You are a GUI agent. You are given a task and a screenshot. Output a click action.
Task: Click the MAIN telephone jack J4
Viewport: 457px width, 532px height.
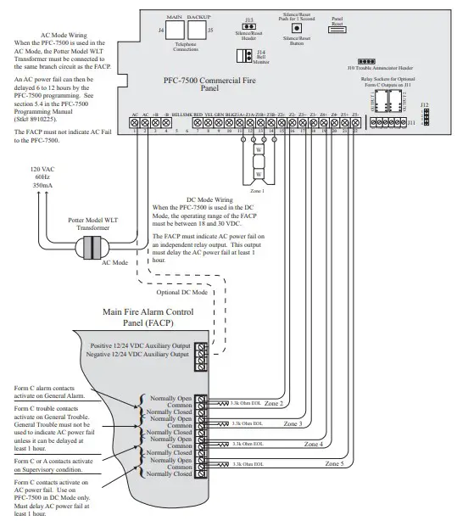pyautogui.click(x=176, y=31)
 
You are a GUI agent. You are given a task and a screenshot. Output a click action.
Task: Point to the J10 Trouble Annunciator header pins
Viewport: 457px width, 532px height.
pyautogui.click(x=366, y=62)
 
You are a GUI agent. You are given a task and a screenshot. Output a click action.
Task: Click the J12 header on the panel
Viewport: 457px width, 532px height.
pyautogui.click(x=425, y=112)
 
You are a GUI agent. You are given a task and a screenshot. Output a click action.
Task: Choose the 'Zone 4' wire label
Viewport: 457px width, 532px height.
pyautogui.click(x=314, y=443)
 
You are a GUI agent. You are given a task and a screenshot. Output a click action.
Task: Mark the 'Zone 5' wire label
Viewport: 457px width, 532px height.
pyautogui.click(x=334, y=464)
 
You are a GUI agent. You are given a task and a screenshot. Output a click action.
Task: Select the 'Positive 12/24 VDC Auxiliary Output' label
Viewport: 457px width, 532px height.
pyautogui.click(x=140, y=346)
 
